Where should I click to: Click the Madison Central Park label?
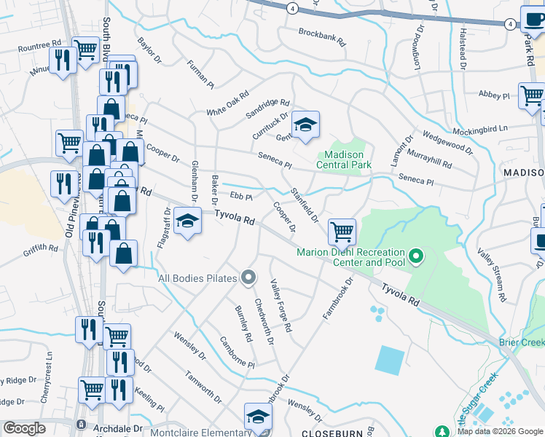(343, 160)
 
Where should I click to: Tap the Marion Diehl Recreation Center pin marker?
(416, 256)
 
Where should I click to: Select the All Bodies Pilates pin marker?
(249, 277)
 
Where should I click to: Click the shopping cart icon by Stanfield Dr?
(342, 232)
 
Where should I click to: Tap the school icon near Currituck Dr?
(306, 124)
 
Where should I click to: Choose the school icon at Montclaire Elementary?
(257, 416)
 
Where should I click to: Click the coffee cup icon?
(533, 18)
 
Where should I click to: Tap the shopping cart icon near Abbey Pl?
(532, 95)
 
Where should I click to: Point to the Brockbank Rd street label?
(325, 33)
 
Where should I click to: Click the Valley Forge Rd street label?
(281, 306)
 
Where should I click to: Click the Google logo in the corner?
(24, 428)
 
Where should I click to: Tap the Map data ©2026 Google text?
(500, 431)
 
